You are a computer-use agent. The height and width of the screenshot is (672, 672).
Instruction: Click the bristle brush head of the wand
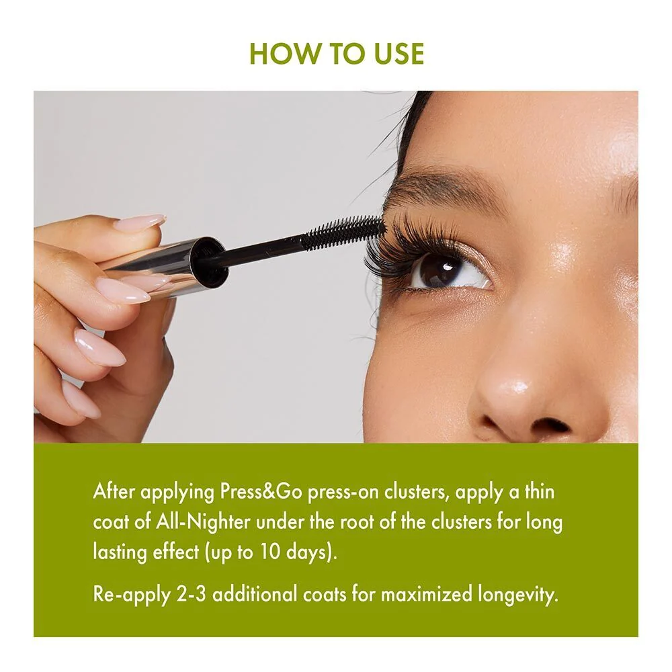tap(343, 233)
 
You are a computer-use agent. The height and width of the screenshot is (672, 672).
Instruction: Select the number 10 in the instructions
tap(269, 552)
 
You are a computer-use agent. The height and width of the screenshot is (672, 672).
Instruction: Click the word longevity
tap(518, 595)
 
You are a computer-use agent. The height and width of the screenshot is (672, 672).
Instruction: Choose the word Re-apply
tap(131, 595)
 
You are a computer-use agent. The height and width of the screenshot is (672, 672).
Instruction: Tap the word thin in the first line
tap(540, 492)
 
